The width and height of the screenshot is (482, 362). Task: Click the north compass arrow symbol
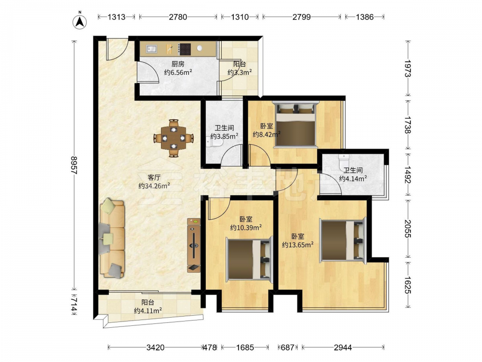(x=80, y=22)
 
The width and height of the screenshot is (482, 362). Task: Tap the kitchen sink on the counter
(x=151, y=49)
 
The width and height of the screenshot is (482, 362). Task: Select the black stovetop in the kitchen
(x=185, y=49)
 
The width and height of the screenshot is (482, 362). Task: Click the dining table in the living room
(x=174, y=138)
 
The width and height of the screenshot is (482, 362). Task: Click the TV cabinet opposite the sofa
(x=194, y=245)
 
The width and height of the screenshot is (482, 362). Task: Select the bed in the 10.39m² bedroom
(x=249, y=259)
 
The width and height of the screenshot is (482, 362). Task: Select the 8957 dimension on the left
(x=74, y=165)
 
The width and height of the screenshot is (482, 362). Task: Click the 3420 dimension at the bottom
(x=155, y=348)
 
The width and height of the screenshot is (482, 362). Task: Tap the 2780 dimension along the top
(x=178, y=17)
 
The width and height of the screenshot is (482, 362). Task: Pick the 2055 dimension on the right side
(x=408, y=228)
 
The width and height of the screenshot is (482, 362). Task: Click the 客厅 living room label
(x=154, y=178)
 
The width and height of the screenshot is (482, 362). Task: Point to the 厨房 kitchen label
(x=178, y=64)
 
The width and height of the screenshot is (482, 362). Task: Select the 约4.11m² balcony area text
(x=148, y=311)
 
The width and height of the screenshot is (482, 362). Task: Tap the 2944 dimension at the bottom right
(x=343, y=348)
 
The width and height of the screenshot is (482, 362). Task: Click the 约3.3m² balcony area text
(x=240, y=72)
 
